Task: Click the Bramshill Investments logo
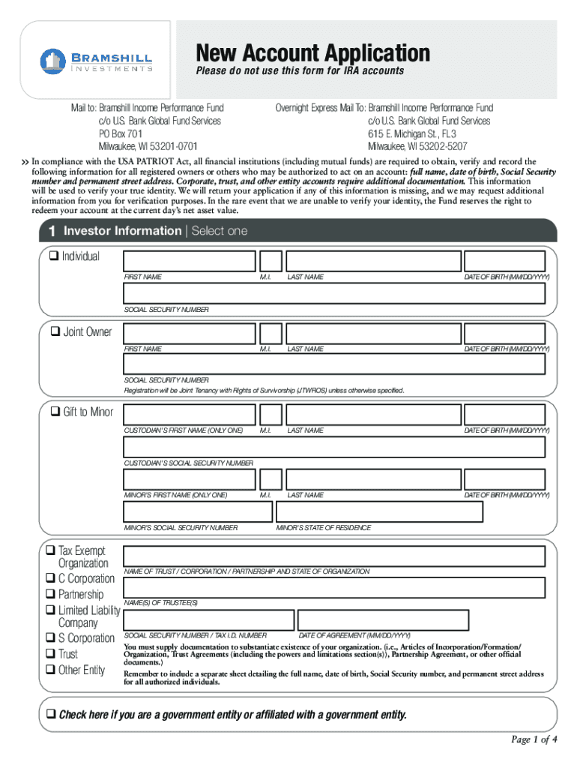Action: tap(97, 61)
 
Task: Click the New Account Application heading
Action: tap(313, 53)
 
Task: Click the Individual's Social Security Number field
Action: tap(333, 293)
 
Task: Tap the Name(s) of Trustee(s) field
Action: tap(333, 588)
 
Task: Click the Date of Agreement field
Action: tap(383, 620)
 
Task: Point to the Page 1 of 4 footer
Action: tap(534, 739)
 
